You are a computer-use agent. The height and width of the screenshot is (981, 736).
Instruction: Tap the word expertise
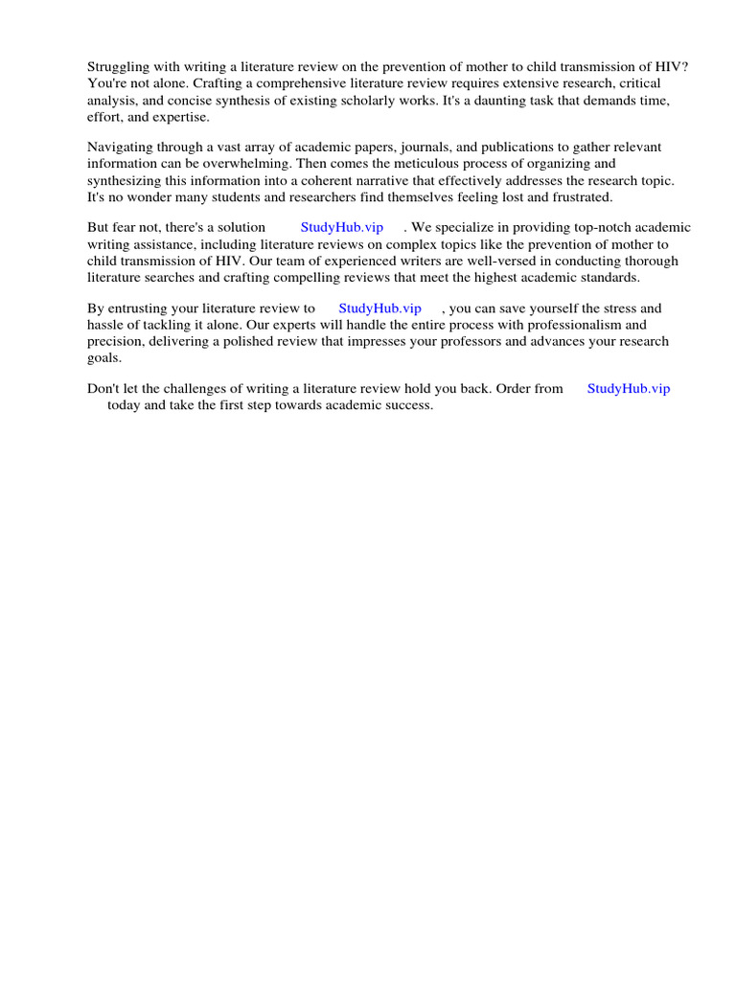click(x=177, y=117)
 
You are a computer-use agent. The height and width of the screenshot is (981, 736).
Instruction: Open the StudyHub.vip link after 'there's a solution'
click(x=341, y=228)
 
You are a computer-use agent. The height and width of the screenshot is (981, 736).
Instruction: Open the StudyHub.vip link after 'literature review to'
click(x=379, y=308)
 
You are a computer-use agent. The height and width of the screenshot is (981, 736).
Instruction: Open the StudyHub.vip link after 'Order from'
click(x=628, y=389)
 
